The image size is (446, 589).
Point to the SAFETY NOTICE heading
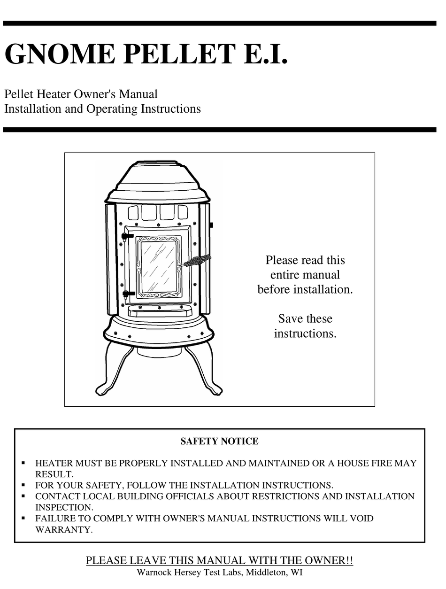[219, 442]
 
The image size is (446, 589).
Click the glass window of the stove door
[158, 267]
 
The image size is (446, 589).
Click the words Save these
[305, 319]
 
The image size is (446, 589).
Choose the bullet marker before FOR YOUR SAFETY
[23, 485]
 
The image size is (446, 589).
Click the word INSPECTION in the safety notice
[64, 507]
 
